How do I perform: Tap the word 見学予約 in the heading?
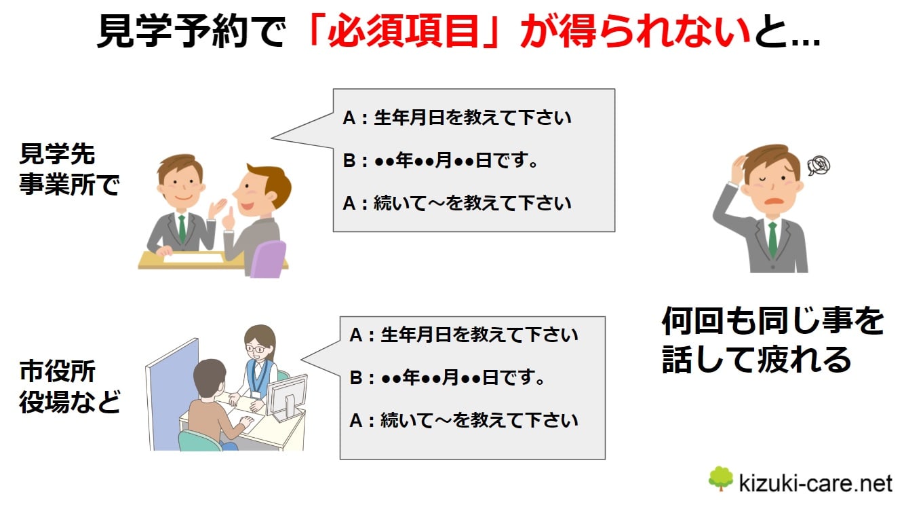click(x=172, y=31)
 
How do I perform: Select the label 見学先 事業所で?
click(x=69, y=169)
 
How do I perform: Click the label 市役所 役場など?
click(x=69, y=387)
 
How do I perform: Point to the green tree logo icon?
click(x=721, y=478)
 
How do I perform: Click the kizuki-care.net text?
click(x=816, y=483)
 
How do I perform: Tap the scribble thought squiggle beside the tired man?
click(x=819, y=166)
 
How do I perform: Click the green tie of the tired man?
click(x=772, y=240)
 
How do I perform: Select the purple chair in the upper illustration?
click(x=268, y=259)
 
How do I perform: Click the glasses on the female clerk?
click(x=255, y=348)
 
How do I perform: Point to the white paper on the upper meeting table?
click(x=193, y=257)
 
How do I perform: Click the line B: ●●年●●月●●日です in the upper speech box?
click(x=440, y=160)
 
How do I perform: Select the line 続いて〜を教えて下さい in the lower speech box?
click(x=479, y=421)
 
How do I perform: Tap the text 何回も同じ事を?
click(x=773, y=321)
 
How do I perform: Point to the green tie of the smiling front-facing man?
click(x=182, y=229)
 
